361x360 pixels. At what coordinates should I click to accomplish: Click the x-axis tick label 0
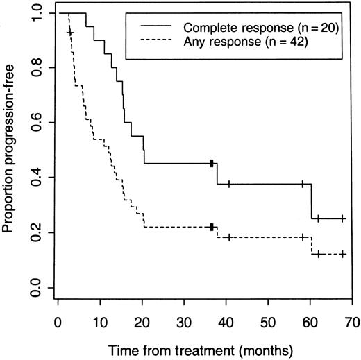[59, 323]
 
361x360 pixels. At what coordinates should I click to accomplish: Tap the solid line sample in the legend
[158, 27]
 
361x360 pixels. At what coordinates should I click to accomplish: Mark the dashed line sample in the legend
[158, 41]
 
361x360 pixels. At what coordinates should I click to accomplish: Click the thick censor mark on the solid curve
[211, 163]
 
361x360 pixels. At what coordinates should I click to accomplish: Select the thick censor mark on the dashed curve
[211, 227]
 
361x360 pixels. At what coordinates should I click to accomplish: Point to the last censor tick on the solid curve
[342, 218]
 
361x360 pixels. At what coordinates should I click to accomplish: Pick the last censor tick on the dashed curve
[342, 255]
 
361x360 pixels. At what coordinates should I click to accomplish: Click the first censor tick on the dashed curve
[69, 33]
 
